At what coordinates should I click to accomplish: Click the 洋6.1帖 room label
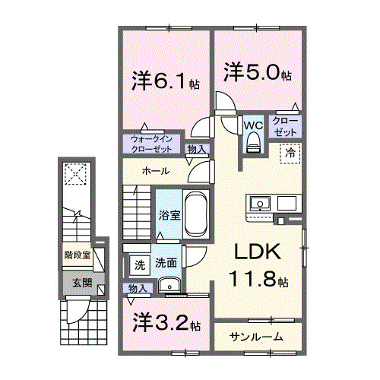click(165, 81)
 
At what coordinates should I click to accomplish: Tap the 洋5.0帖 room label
click(257, 72)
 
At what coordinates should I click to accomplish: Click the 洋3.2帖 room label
click(166, 324)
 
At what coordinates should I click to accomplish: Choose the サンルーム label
click(257, 337)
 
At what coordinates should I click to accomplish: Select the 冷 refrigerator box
click(291, 154)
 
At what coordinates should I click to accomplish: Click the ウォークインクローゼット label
click(152, 144)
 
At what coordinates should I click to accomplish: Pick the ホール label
click(154, 171)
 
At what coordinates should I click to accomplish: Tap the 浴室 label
click(169, 215)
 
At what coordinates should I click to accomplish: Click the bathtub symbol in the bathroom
click(197, 214)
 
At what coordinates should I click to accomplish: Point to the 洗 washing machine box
click(139, 265)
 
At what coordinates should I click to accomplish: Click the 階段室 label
click(77, 255)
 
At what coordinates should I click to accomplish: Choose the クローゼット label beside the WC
click(286, 127)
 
